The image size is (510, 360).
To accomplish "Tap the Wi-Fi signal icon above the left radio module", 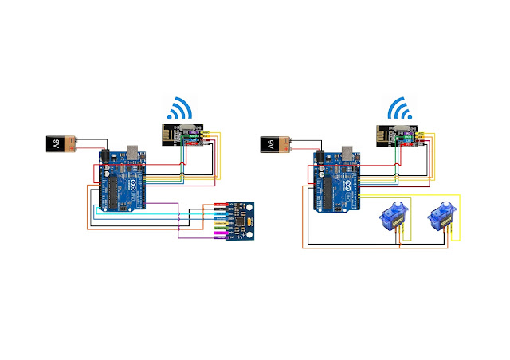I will [178, 109].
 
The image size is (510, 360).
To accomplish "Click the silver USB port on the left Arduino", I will [131, 151].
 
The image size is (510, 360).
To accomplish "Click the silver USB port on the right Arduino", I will [348, 151].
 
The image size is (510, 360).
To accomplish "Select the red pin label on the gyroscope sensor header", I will [220, 205].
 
